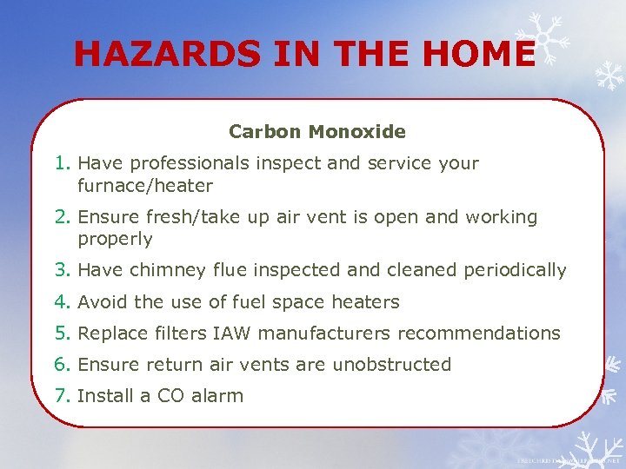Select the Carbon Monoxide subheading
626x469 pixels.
pyautogui.click(x=317, y=132)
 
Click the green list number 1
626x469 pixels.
pyautogui.click(x=61, y=163)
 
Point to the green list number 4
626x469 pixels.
pyautogui.click(x=61, y=302)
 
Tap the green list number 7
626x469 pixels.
pyautogui.click(x=61, y=396)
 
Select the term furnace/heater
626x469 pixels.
pyautogui.click(x=145, y=186)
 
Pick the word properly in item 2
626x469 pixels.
pyautogui.click(x=115, y=239)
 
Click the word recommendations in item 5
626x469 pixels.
pyautogui.click(x=488, y=334)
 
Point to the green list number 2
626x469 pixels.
pyautogui.click(x=61, y=217)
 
